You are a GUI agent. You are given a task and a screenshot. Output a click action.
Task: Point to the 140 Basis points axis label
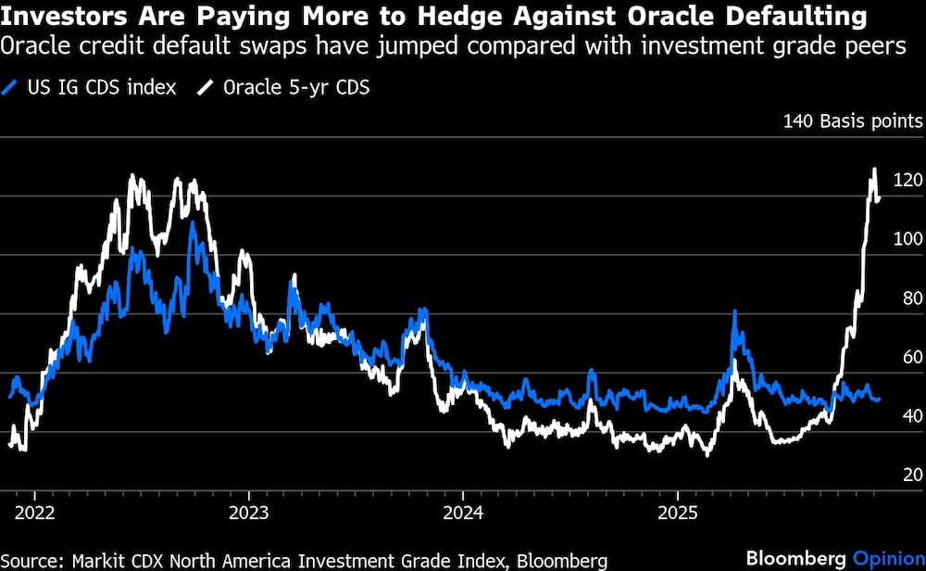852,121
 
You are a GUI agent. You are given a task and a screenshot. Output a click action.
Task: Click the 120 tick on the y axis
905,180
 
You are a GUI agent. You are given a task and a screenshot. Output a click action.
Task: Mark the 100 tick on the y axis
905,238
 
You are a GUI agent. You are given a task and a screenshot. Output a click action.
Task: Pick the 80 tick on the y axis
908,298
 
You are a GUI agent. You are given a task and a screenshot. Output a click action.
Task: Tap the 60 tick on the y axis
908,357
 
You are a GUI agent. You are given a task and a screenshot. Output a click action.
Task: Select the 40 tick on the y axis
908,415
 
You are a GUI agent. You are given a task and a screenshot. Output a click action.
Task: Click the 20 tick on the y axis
908,475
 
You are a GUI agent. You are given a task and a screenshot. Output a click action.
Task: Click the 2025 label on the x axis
677,513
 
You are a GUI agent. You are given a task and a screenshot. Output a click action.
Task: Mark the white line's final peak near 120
873,170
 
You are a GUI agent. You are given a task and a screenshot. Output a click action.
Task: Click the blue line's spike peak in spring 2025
734,313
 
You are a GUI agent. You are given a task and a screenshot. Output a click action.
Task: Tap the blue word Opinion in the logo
887,559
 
